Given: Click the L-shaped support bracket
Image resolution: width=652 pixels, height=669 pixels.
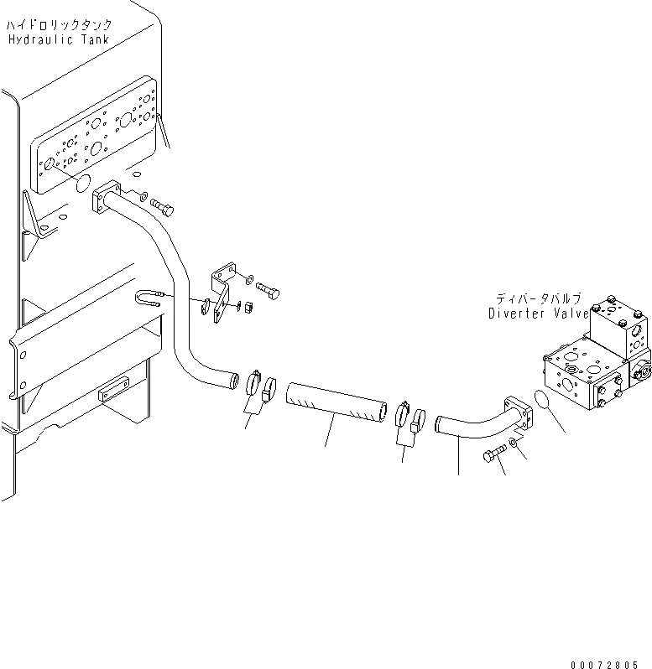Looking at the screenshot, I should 222,290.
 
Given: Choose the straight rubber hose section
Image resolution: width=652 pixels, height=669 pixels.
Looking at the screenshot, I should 336,404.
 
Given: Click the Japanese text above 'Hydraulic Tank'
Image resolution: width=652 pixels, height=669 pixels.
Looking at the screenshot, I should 59,25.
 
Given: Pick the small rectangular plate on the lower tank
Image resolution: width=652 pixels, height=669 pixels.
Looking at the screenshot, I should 112,393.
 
